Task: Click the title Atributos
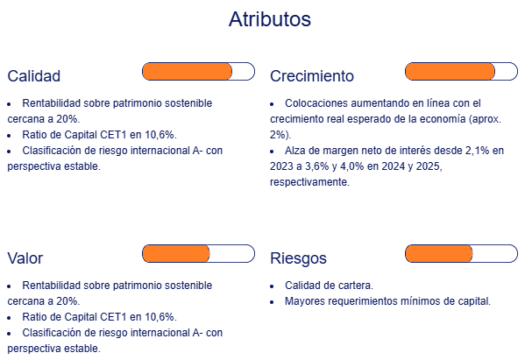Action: [270, 19]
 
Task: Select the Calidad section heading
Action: [34, 76]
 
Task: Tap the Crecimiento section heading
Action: [312, 76]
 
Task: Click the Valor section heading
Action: [25, 258]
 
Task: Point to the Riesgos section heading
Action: [298, 258]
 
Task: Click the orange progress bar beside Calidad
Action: [188, 71]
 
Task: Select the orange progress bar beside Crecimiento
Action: [450, 71]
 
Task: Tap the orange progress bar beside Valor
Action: [176, 254]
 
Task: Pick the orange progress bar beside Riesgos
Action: [439, 254]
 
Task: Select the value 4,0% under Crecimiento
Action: [351, 166]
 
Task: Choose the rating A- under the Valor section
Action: [197, 333]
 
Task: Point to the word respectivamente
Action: [309, 182]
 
